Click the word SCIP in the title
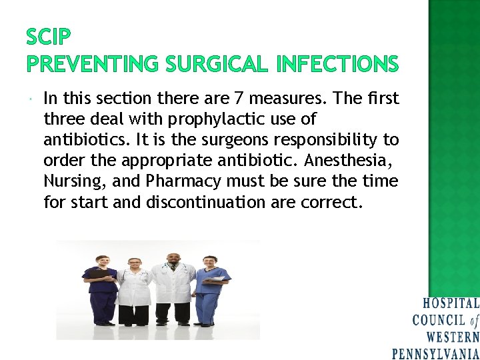[x=49, y=36]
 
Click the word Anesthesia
[x=353, y=161]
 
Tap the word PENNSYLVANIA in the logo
[x=435, y=353]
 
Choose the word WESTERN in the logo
[x=453, y=337]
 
